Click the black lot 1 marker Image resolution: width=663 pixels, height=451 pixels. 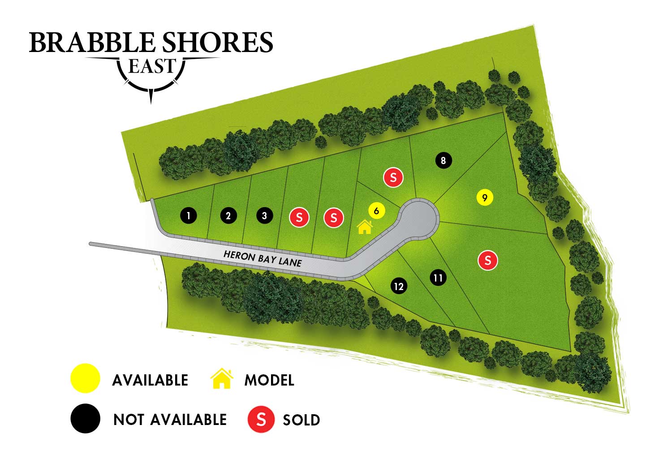point(189,216)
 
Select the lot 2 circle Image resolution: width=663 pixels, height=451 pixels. point(228,216)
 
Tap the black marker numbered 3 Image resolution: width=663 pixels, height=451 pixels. point(264,216)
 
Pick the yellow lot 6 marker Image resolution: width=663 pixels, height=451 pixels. point(376,211)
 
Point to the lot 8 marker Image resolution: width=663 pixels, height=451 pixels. point(443,160)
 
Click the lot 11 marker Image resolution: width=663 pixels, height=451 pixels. point(438,278)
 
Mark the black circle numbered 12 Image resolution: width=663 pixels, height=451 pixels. point(399,286)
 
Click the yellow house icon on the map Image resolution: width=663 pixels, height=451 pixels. point(365,227)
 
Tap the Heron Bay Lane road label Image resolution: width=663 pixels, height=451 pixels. point(263,259)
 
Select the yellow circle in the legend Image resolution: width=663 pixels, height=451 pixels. point(85,379)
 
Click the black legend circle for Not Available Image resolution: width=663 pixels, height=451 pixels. point(85,418)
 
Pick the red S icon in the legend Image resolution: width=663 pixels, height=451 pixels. point(261,419)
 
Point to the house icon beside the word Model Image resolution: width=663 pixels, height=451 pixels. point(222,379)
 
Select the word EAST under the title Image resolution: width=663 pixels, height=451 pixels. point(151,66)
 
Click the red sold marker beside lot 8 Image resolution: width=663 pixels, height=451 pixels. point(393,178)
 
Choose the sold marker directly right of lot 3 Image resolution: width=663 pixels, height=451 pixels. point(299,218)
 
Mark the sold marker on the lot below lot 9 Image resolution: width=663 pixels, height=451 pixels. point(488,260)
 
